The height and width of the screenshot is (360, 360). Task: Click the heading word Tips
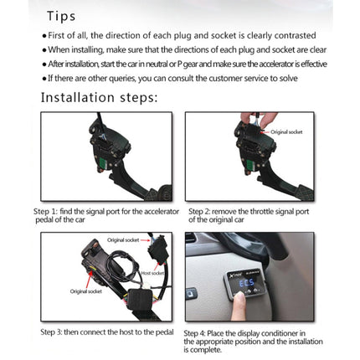pos(60,16)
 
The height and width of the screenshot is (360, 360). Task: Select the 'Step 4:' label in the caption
pos(197,332)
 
